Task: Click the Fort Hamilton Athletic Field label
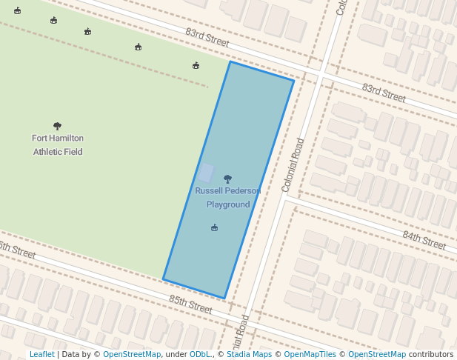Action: [x=58, y=144]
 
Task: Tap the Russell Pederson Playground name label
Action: [x=227, y=197]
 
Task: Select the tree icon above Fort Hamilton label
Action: [x=58, y=126]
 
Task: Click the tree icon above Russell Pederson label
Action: [x=227, y=179]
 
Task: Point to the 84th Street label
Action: [x=424, y=240]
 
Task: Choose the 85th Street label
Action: [x=190, y=304]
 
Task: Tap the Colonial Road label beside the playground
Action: [x=293, y=165]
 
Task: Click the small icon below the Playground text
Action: [x=214, y=227]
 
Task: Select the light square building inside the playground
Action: [x=206, y=173]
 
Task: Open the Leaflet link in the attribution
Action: [x=41, y=354]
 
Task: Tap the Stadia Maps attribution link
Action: [x=250, y=354]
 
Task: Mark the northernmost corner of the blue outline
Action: [x=230, y=61]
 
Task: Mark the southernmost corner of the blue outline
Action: [x=224, y=299]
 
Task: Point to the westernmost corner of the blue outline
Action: [x=164, y=279]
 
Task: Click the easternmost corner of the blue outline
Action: [x=294, y=80]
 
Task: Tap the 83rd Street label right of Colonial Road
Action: [x=384, y=93]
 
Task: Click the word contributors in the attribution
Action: [x=431, y=354]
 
